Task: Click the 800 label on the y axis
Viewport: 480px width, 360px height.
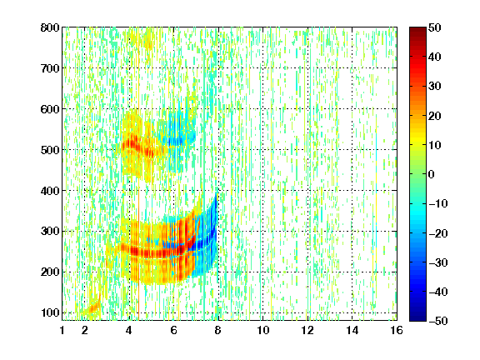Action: (50, 27)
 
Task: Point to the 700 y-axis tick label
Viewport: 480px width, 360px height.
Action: (50, 68)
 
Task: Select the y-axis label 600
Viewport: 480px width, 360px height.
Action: (50, 109)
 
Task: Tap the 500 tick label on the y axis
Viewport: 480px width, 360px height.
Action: (50, 150)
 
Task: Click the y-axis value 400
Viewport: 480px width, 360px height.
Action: (50, 191)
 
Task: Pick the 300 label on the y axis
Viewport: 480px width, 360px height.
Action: (50, 231)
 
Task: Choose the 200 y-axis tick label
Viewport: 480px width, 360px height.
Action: (50, 272)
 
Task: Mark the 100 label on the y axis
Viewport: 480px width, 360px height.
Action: (50, 312)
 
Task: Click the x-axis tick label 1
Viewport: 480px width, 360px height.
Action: (62, 330)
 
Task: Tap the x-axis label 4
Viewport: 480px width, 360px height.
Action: (129, 330)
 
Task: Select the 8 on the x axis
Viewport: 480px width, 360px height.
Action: (217, 330)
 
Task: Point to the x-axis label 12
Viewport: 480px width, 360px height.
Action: (307, 330)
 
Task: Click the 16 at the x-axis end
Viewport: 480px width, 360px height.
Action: (397, 330)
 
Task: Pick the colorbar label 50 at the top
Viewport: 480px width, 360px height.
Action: (435, 27)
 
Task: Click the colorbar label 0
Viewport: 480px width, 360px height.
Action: (432, 174)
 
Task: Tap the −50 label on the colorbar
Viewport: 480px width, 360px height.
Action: (438, 321)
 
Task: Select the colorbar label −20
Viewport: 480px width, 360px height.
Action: (438, 233)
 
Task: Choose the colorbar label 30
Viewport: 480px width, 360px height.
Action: (435, 87)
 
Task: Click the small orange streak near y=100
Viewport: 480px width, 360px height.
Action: (93, 307)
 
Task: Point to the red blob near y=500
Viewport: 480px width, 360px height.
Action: (138, 147)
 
